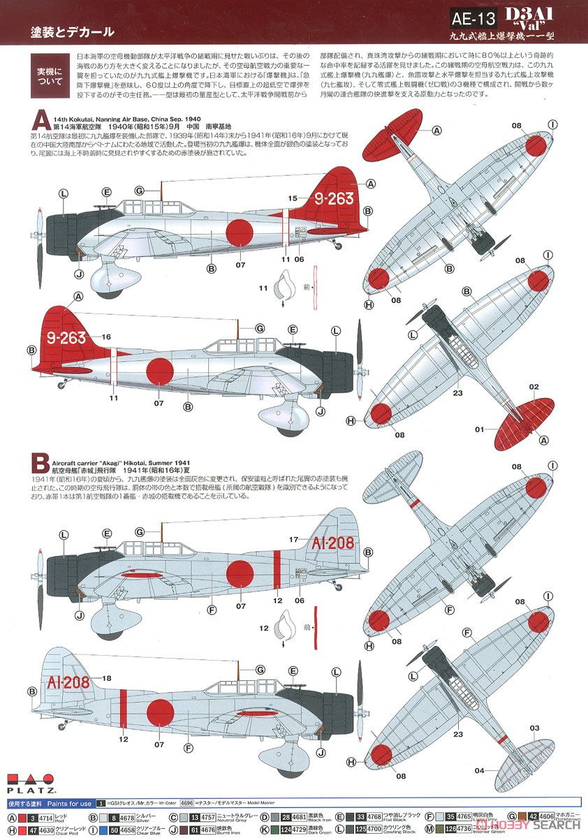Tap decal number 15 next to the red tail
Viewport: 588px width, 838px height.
coord(294,198)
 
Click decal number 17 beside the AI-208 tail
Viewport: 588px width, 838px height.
coord(294,539)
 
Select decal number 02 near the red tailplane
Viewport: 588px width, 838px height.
coord(534,386)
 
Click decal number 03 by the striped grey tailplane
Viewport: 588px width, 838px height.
coord(534,728)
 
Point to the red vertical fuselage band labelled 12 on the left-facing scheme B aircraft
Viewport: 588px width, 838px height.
coord(123,705)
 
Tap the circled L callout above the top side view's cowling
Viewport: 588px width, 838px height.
coord(64,193)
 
